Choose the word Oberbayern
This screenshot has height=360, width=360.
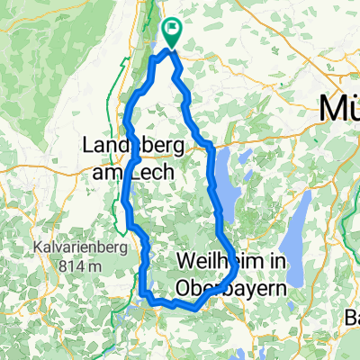pyautogui.click(x=229, y=288)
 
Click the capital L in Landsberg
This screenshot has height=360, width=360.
pyautogui.click(x=88, y=145)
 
